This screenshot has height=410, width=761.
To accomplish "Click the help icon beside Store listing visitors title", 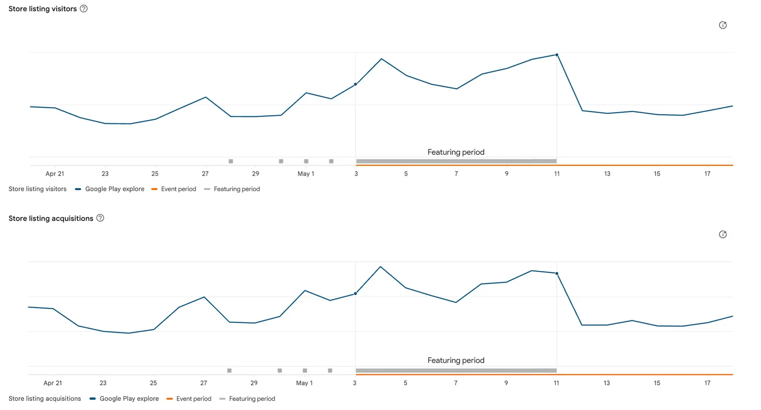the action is tap(84, 9).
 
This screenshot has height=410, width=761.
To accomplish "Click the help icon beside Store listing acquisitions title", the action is tap(100, 218).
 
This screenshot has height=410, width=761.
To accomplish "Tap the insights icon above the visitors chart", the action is tap(723, 25).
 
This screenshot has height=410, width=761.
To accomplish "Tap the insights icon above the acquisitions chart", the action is tap(723, 235).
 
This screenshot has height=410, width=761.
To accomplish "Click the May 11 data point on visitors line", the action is tap(557, 55).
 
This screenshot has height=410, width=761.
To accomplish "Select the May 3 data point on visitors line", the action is tap(355, 84).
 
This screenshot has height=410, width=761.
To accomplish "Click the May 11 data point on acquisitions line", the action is tap(557, 274).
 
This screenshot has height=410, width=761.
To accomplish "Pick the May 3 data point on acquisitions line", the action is tap(355, 294).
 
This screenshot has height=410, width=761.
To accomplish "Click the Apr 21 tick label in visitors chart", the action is tap(55, 174).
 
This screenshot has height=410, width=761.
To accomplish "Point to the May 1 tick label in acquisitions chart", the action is tap(304, 383).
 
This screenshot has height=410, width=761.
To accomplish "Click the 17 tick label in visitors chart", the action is tap(707, 174).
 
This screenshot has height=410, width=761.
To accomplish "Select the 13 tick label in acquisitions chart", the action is tap(607, 383).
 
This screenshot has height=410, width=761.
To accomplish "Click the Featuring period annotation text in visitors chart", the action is tap(456, 152).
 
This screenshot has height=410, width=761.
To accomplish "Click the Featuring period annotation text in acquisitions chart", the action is tap(456, 361).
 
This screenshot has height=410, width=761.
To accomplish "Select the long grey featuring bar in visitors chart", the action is tap(456, 161).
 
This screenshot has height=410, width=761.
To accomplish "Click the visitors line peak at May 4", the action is tap(381, 59).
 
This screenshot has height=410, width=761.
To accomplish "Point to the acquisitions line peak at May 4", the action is tap(380, 267).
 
